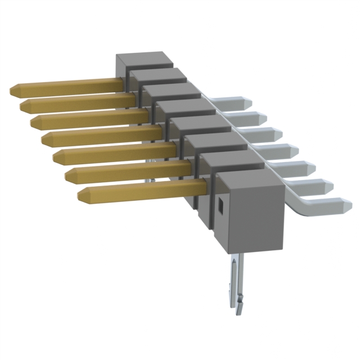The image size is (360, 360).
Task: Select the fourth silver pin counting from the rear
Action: tap(284, 150)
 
